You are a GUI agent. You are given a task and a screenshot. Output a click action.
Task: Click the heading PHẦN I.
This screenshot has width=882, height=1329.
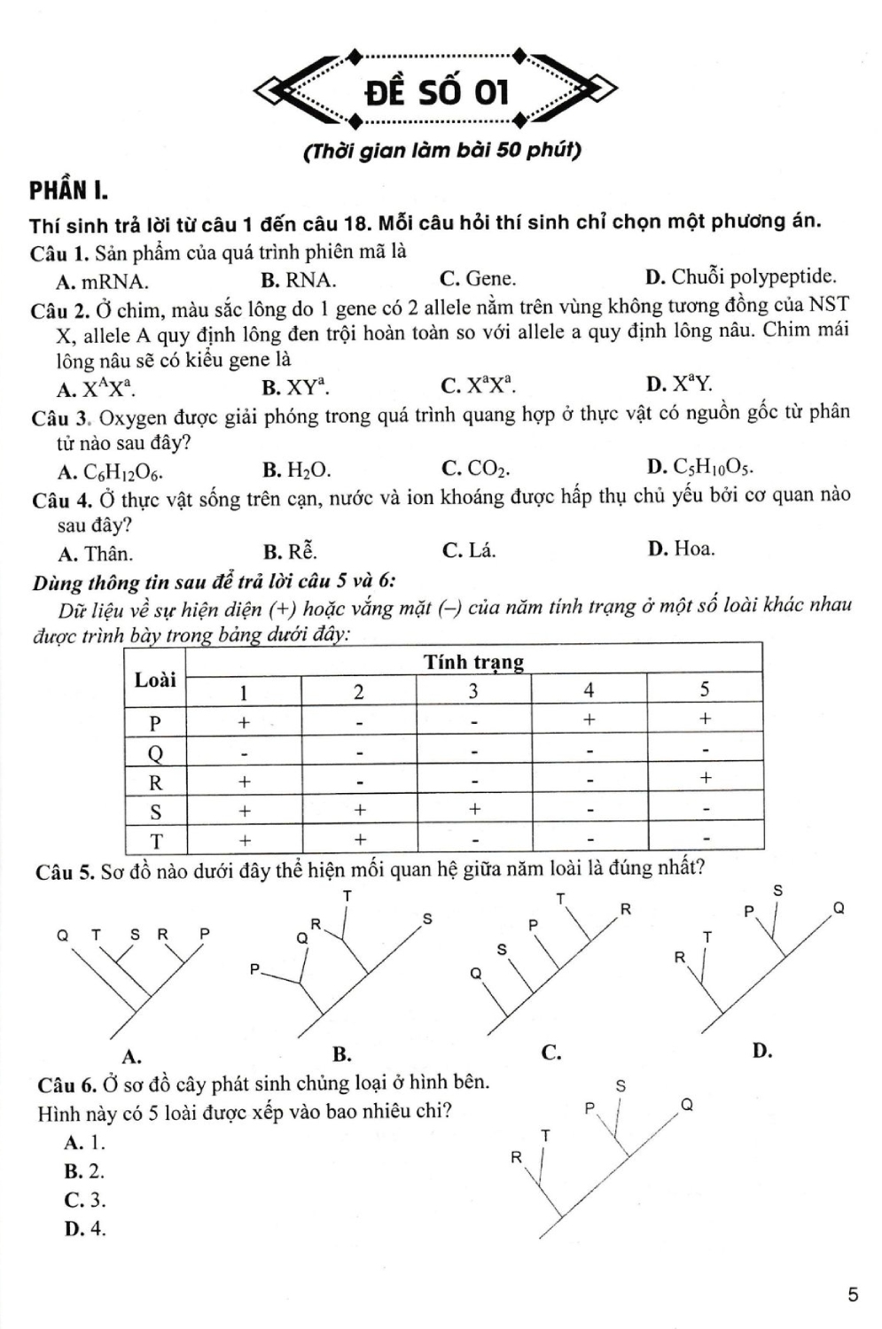click(x=68, y=190)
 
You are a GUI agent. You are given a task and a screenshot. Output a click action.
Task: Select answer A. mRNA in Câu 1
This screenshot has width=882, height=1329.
click(x=102, y=282)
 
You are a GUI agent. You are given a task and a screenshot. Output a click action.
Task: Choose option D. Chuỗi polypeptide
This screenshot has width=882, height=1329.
click(x=741, y=276)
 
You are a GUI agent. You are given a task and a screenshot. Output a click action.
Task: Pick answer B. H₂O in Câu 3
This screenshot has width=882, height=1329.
click(x=297, y=470)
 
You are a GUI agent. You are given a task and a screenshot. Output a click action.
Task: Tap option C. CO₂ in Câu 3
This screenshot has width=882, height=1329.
click(x=475, y=468)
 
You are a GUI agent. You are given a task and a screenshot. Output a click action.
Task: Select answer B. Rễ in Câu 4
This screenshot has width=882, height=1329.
click(x=289, y=552)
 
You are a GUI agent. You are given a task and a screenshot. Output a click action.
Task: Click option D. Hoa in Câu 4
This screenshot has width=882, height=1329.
click(x=681, y=548)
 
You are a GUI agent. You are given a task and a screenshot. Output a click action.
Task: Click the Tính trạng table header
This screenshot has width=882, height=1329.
click(x=473, y=662)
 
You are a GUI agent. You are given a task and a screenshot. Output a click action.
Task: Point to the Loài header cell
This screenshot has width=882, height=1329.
click(x=155, y=680)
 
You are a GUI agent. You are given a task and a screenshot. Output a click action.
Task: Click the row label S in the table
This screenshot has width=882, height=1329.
click(x=156, y=811)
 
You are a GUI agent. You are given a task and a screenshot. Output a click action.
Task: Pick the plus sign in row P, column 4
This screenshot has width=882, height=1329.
click(x=589, y=719)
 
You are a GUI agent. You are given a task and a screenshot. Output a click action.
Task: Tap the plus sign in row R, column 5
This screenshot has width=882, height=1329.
click(x=705, y=778)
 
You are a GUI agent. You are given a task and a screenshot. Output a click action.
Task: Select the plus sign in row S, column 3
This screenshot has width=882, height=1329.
click(x=474, y=808)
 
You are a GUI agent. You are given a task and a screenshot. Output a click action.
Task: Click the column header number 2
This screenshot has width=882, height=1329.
click(x=358, y=692)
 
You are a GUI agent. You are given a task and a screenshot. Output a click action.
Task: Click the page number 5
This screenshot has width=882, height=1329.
click(x=853, y=1294)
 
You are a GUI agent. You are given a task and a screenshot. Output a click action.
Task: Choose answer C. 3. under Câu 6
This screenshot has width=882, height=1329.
click(x=85, y=1200)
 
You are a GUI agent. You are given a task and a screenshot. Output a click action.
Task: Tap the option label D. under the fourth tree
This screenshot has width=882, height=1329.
click(x=761, y=1051)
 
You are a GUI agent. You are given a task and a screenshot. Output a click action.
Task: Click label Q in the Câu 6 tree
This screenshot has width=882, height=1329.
click(x=686, y=1105)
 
